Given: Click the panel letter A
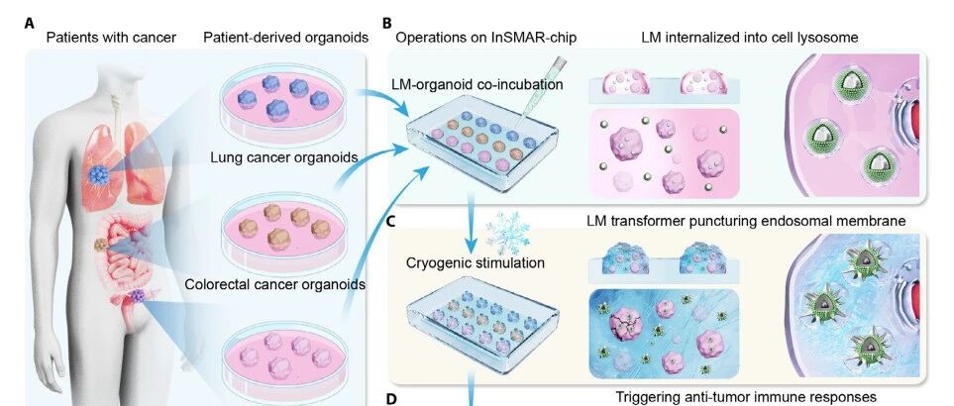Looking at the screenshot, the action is coord(29,24).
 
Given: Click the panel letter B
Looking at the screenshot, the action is coord(387,24).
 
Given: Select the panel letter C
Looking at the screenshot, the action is coord(391,221).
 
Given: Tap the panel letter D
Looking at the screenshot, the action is coord(391,399).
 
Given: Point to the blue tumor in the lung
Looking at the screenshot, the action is coord(97,174).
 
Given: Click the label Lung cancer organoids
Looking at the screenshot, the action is coord(283,158).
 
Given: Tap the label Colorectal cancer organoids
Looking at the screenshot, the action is coord(274,284).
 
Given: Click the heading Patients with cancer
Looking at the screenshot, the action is coord(111,38).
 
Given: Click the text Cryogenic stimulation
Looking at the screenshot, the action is coord(476,263).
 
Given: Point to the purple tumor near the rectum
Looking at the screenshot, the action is coord(138,295).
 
